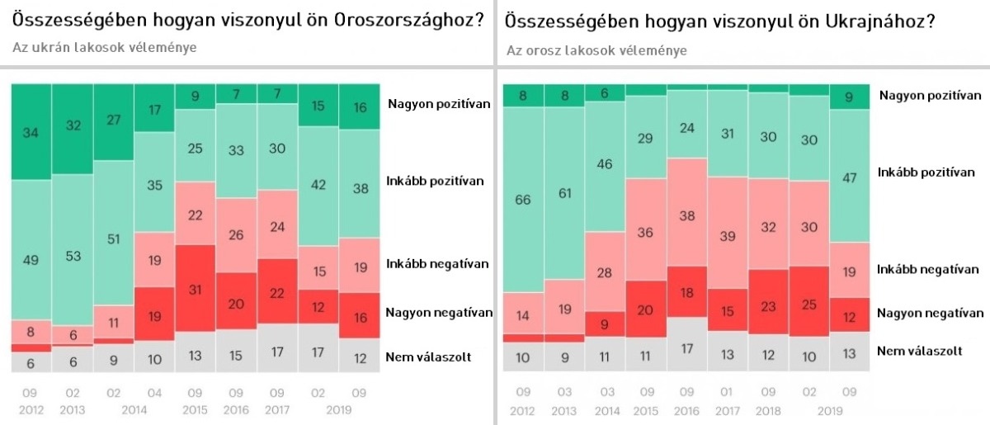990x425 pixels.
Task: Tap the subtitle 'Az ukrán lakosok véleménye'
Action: point(105,47)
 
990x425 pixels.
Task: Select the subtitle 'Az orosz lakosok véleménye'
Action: point(596,50)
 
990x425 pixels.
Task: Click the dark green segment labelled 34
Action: point(31,132)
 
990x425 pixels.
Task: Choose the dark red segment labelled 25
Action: point(808,301)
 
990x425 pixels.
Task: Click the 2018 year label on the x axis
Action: point(768,411)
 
